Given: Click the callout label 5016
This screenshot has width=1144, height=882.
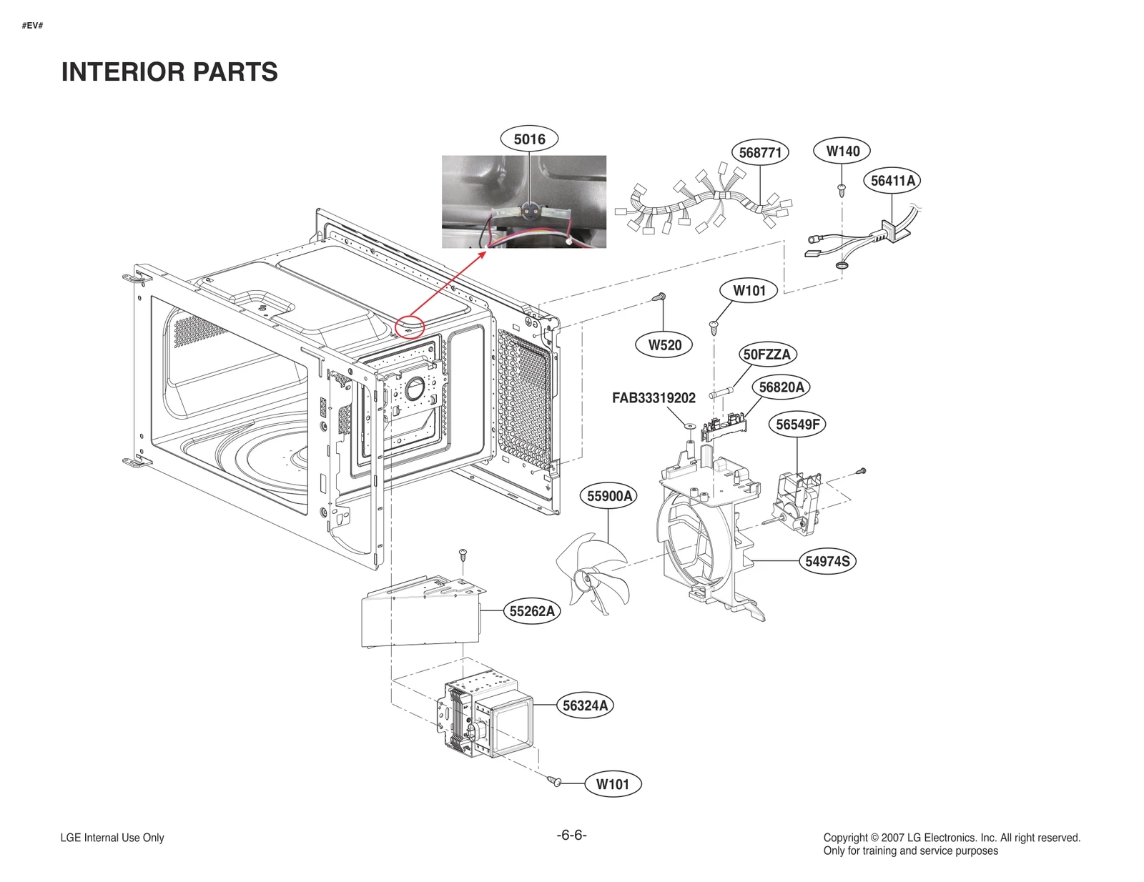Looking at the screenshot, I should click(x=529, y=139).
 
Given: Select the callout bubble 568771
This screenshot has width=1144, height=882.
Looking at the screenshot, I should click(x=760, y=153).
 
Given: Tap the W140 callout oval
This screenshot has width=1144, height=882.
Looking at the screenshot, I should click(x=843, y=151).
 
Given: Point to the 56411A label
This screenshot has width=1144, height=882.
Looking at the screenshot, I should click(x=892, y=181).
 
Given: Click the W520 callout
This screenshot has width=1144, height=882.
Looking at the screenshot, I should click(x=664, y=345).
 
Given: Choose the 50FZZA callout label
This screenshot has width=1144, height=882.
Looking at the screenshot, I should click(x=766, y=355).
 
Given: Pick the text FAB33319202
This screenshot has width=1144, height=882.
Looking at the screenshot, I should click(x=654, y=398).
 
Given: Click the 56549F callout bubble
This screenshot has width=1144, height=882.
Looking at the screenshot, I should click(x=797, y=425).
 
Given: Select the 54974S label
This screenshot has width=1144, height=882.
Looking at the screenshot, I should click(x=827, y=561).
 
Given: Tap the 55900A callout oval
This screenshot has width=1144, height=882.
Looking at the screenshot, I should click(x=609, y=496).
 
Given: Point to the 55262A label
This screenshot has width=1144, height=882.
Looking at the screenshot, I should click(x=531, y=611).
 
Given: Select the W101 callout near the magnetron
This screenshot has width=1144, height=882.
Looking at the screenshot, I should click(x=613, y=784).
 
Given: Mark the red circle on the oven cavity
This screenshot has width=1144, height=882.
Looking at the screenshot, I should click(x=410, y=327).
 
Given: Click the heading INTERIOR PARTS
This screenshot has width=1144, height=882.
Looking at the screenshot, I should click(x=169, y=72).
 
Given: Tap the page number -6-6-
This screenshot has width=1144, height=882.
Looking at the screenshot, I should click(x=571, y=835).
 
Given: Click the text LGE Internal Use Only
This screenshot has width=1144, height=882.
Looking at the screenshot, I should click(x=112, y=838).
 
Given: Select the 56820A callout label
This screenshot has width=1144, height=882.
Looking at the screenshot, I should click(x=781, y=387).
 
